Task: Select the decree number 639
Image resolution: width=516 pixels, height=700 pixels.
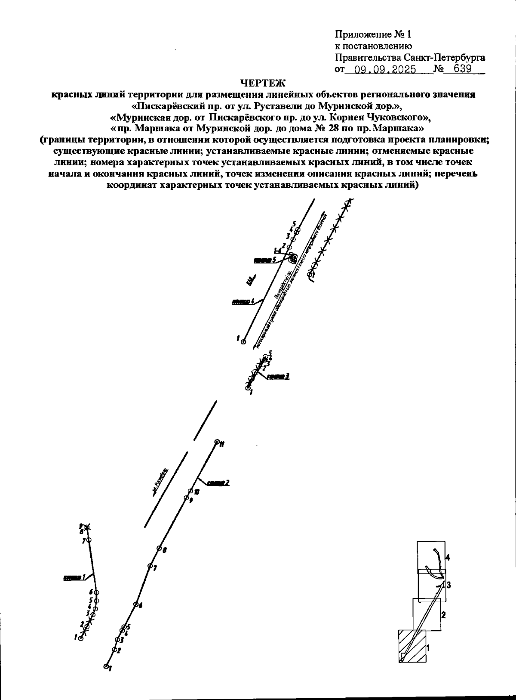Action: [x=462, y=69]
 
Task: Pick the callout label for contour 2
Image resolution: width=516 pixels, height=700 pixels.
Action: [x=218, y=483]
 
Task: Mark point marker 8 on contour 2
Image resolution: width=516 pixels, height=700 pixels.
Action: [x=159, y=548]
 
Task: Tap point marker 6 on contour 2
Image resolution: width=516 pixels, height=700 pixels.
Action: [x=135, y=604]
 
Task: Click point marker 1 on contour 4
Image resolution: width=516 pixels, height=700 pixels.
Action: [x=243, y=342]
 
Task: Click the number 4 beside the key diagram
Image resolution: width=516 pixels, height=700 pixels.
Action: [x=448, y=558]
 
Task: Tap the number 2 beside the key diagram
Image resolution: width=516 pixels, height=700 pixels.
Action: [x=443, y=615]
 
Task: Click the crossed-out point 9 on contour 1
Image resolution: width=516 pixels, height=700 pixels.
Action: [x=88, y=527]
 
